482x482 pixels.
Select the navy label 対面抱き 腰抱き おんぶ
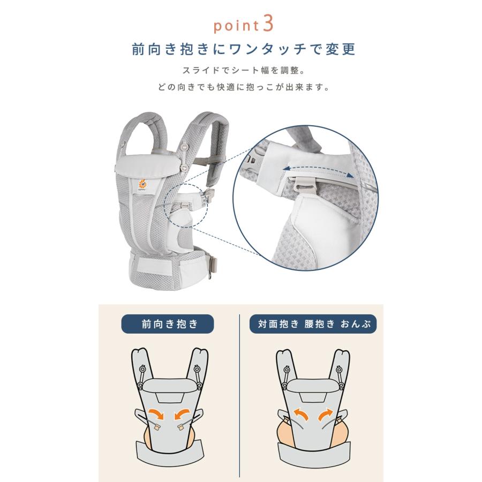tap(313, 323)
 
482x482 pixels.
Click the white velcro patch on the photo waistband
tap(146, 266)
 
